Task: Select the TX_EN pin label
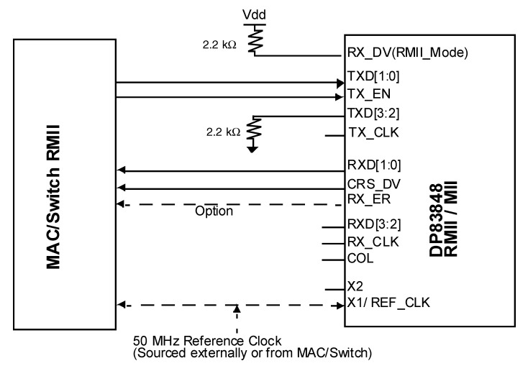point(365,93)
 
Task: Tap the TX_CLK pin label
point(368,134)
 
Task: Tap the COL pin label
point(359,258)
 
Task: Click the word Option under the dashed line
point(214,213)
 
